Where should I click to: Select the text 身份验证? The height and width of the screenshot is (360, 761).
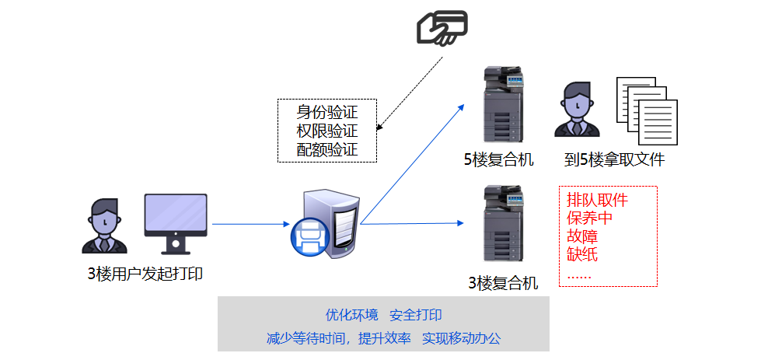[x=327, y=111]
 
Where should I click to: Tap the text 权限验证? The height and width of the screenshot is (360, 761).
[x=327, y=131]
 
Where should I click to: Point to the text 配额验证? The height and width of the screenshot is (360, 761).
[x=327, y=149]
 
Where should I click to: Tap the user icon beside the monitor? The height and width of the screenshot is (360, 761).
[x=103, y=225]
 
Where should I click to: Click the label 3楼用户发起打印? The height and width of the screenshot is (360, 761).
[x=145, y=274]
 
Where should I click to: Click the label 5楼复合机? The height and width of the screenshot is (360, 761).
[x=499, y=160]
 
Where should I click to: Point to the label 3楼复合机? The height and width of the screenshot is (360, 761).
[x=503, y=282]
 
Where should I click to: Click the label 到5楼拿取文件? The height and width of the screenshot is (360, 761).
[x=614, y=160]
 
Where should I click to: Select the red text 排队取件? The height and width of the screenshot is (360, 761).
[x=597, y=200]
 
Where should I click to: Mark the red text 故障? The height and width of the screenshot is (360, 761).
[x=582, y=236]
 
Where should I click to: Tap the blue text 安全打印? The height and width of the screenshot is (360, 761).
[x=416, y=315]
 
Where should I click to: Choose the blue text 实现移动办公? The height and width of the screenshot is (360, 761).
[x=461, y=338]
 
